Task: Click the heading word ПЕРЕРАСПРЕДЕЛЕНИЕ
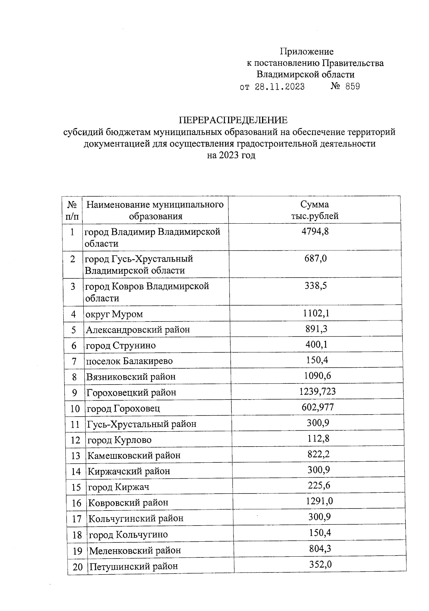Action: [x=233, y=120]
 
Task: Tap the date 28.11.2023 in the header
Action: [x=280, y=87]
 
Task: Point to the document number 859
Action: [x=352, y=86]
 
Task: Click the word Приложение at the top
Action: [x=307, y=52]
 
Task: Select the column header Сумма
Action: [x=315, y=204]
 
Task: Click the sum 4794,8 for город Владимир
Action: [x=315, y=231]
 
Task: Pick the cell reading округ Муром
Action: [x=114, y=314]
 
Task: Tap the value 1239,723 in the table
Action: [x=317, y=391]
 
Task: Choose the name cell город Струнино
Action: [x=121, y=346]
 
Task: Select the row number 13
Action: [x=76, y=456]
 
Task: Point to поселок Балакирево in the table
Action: [x=129, y=361]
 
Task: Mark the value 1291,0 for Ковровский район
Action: [x=319, y=501]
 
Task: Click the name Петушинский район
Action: [x=133, y=566]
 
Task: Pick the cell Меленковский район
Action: [x=135, y=550]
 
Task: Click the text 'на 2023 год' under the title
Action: [x=231, y=155]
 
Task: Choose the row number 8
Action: [x=74, y=377]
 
